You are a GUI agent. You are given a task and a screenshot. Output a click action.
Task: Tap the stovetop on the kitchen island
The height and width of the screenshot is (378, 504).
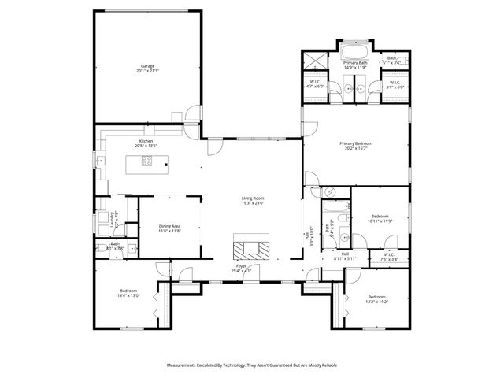tap(146, 162)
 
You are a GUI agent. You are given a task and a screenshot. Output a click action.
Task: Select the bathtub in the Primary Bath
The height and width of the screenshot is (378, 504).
tap(355, 54)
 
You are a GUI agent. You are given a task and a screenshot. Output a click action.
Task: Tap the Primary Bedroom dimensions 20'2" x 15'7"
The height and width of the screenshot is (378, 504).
tap(356, 146)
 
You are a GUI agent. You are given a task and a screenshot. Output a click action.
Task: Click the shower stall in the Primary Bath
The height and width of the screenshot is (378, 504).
tap(315, 61)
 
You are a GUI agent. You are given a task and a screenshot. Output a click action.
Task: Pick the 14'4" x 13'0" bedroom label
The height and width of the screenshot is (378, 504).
tap(128, 293)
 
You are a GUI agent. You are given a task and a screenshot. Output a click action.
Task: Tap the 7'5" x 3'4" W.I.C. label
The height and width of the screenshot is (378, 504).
tap(389, 257)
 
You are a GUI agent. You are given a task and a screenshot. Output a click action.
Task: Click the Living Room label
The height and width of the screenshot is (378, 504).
tap(253, 200)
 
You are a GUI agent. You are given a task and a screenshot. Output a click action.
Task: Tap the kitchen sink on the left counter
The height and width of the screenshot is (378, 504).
tap(100, 161)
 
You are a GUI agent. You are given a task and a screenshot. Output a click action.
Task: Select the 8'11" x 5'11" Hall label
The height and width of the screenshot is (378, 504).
tap(345, 256)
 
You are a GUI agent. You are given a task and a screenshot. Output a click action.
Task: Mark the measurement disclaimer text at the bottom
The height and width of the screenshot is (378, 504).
tap(252, 365)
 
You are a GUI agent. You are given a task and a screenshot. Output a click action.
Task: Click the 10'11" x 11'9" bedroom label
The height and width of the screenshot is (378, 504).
tap(380, 219)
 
